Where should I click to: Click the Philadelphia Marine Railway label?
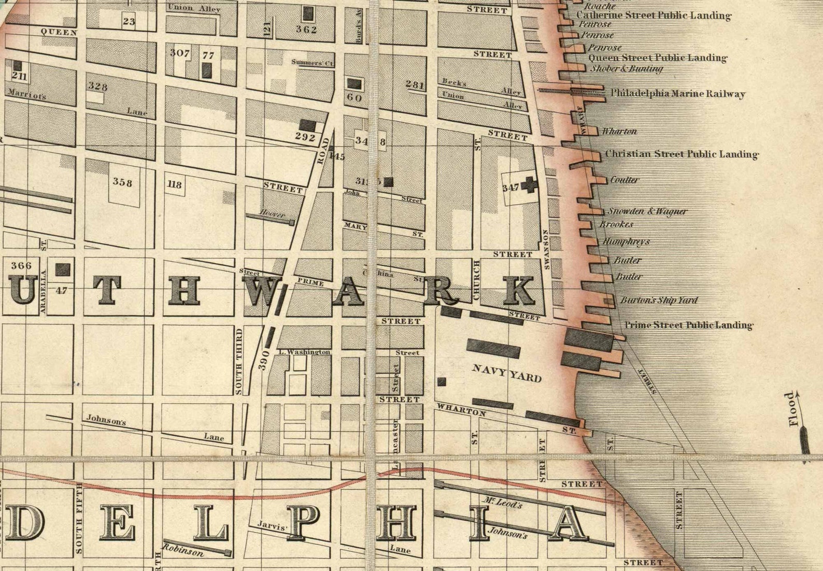tap(677, 94)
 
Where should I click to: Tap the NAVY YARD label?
tap(507, 373)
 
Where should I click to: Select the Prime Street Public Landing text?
tap(688, 325)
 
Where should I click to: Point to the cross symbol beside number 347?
tap(529, 184)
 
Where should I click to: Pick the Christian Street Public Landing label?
tap(682, 154)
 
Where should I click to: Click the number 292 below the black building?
tap(305, 137)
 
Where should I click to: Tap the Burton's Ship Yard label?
tap(659, 300)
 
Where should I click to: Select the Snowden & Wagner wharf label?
tap(647, 211)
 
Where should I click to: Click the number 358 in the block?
tap(123, 182)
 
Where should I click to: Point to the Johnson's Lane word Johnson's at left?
tap(106, 421)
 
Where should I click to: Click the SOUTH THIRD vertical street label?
tap(239, 361)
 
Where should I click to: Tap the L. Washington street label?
tap(304, 352)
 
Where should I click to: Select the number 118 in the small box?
tap(175, 184)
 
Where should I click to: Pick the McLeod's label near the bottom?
tap(502, 503)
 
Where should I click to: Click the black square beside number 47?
tap(63, 269)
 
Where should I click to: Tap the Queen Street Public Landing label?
tap(657, 58)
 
